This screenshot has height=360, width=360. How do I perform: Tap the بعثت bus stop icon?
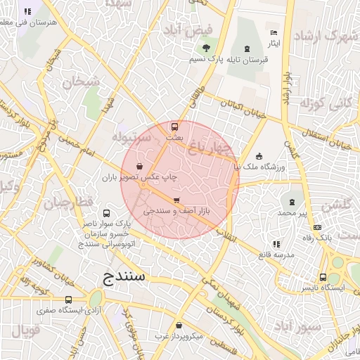(x=174, y=127)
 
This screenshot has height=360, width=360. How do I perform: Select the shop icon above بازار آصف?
(x=176, y=200)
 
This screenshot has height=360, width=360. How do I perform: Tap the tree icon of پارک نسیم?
(x=206, y=48)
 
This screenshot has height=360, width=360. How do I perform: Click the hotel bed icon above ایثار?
(x=274, y=32)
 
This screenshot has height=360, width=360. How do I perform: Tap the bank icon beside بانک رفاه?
(x=317, y=228)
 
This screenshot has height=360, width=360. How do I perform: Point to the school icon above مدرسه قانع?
(x=276, y=244)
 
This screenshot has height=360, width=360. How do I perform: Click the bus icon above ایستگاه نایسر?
(x=323, y=278)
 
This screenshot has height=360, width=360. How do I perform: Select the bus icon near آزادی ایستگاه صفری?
(x=68, y=299)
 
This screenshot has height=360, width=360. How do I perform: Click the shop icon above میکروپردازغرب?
(x=179, y=326)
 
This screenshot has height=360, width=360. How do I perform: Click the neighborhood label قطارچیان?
(x=68, y=202)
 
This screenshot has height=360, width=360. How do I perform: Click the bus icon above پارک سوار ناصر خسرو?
(x=106, y=213)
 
